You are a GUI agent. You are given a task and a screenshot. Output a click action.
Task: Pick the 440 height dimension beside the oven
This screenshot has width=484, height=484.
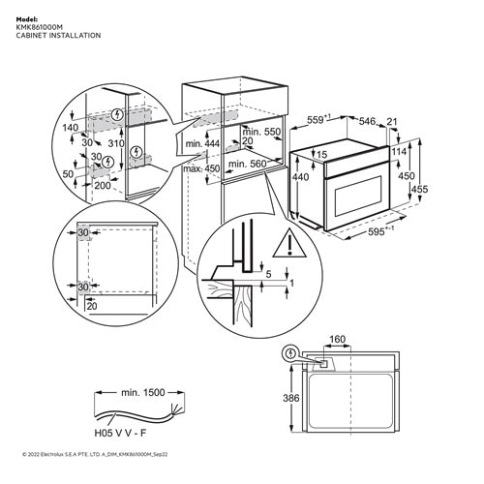[x=301, y=178]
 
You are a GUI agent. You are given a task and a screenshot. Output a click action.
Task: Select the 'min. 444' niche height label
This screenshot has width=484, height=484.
[x=199, y=144]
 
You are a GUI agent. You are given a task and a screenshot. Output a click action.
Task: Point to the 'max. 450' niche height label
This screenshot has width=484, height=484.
[x=199, y=169]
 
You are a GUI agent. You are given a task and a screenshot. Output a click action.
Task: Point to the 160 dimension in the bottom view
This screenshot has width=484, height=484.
[x=336, y=340]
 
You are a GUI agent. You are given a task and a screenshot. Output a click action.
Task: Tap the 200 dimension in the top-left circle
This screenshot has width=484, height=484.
[x=102, y=184]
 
